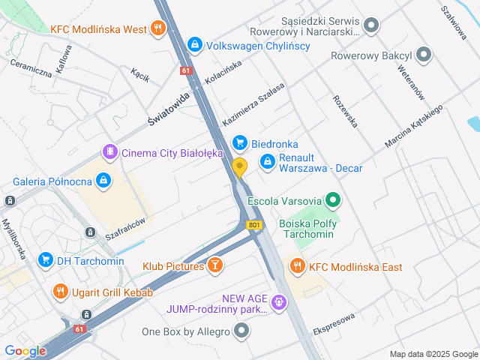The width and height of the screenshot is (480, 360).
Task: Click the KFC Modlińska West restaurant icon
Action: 157,29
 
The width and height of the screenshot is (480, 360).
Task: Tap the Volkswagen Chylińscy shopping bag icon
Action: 195,45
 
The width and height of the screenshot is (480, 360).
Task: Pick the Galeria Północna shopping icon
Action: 103,181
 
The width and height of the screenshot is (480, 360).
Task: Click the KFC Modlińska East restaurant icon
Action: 298,266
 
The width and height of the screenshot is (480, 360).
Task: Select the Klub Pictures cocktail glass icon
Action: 215,265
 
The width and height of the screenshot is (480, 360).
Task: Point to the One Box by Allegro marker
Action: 241,330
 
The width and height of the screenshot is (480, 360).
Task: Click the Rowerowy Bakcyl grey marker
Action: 424,55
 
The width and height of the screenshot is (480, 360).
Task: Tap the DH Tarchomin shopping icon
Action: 45,260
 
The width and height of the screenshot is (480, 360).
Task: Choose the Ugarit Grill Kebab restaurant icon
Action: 59,291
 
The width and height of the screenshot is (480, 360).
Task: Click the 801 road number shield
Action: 255,224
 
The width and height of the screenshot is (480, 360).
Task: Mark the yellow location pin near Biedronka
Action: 239,168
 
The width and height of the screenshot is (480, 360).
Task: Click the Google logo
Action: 25,350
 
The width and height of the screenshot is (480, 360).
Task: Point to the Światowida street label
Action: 169,109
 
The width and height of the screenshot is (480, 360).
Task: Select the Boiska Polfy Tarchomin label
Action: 307,229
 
